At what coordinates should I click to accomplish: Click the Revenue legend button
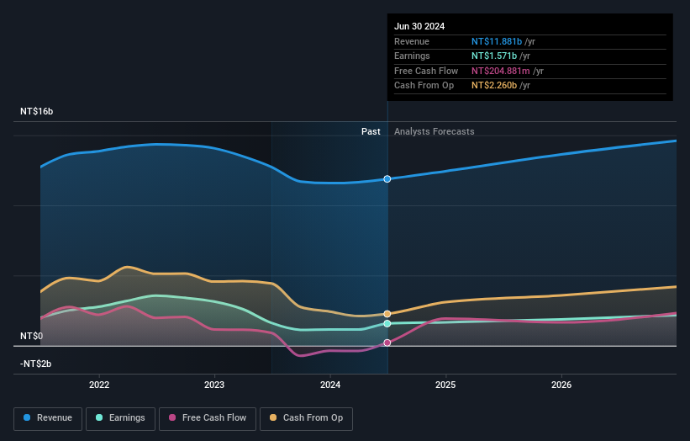pyautogui.click(x=48, y=417)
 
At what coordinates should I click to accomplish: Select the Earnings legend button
pyautogui.click(x=120, y=417)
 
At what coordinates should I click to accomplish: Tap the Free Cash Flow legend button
pyautogui.click(x=208, y=417)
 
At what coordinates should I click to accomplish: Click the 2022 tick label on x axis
pyautogui.click(x=99, y=385)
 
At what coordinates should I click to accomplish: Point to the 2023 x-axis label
pyautogui.click(x=214, y=385)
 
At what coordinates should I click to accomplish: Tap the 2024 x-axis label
pyautogui.click(x=330, y=385)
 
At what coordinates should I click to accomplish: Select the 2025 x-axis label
pyautogui.click(x=445, y=385)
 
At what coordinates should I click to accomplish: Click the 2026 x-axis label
pyautogui.click(x=561, y=385)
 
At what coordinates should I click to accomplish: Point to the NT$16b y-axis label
pyautogui.click(x=37, y=111)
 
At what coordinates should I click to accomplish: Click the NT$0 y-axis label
pyautogui.click(x=31, y=336)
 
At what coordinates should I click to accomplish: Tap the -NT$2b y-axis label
pyautogui.click(x=36, y=364)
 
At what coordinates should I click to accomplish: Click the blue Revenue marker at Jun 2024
pyautogui.click(x=387, y=179)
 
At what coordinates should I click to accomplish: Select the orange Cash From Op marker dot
pyautogui.click(x=387, y=314)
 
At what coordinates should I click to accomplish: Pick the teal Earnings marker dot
pyautogui.click(x=387, y=323)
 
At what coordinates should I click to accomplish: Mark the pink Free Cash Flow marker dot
pyautogui.click(x=387, y=343)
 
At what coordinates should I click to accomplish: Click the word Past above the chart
pyautogui.click(x=371, y=131)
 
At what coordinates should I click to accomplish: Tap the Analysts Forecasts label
pyautogui.click(x=434, y=131)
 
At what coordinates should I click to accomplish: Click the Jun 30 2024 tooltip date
pyautogui.click(x=420, y=25)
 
